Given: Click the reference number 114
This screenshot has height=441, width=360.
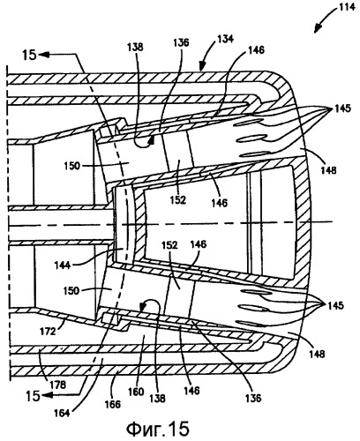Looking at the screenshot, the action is click(347, 7).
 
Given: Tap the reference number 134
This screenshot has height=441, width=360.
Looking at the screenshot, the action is click(225, 39).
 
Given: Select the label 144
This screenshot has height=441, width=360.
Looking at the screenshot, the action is click(63, 265).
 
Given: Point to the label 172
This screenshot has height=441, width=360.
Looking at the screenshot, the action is click(48, 332).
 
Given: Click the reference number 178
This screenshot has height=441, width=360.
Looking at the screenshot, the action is click(58, 385).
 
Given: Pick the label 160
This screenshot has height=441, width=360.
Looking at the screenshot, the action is click(136, 392).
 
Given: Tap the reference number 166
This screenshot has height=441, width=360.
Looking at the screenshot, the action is click(113, 404).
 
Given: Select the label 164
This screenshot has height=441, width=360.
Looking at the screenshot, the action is click(63, 413).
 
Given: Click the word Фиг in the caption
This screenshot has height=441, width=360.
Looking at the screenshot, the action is click(144, 429).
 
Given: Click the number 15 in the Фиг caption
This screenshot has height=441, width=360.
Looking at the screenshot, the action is click(179, 429).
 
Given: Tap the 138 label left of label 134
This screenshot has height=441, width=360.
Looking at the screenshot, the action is click(135, 47).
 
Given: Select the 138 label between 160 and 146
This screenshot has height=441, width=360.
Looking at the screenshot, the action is click(157, 399).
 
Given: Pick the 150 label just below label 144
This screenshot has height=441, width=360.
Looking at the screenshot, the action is click(71, 290).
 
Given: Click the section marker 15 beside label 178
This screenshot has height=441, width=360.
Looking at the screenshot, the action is click(33, 396).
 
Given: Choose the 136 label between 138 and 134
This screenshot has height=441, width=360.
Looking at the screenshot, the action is click(181, 42).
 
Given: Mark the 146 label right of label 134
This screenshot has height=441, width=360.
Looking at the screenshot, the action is click(256, 50).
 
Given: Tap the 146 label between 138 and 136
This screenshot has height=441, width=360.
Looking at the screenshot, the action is click(191, 391).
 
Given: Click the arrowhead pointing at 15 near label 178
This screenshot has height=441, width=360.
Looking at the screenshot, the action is click(46, 396).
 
